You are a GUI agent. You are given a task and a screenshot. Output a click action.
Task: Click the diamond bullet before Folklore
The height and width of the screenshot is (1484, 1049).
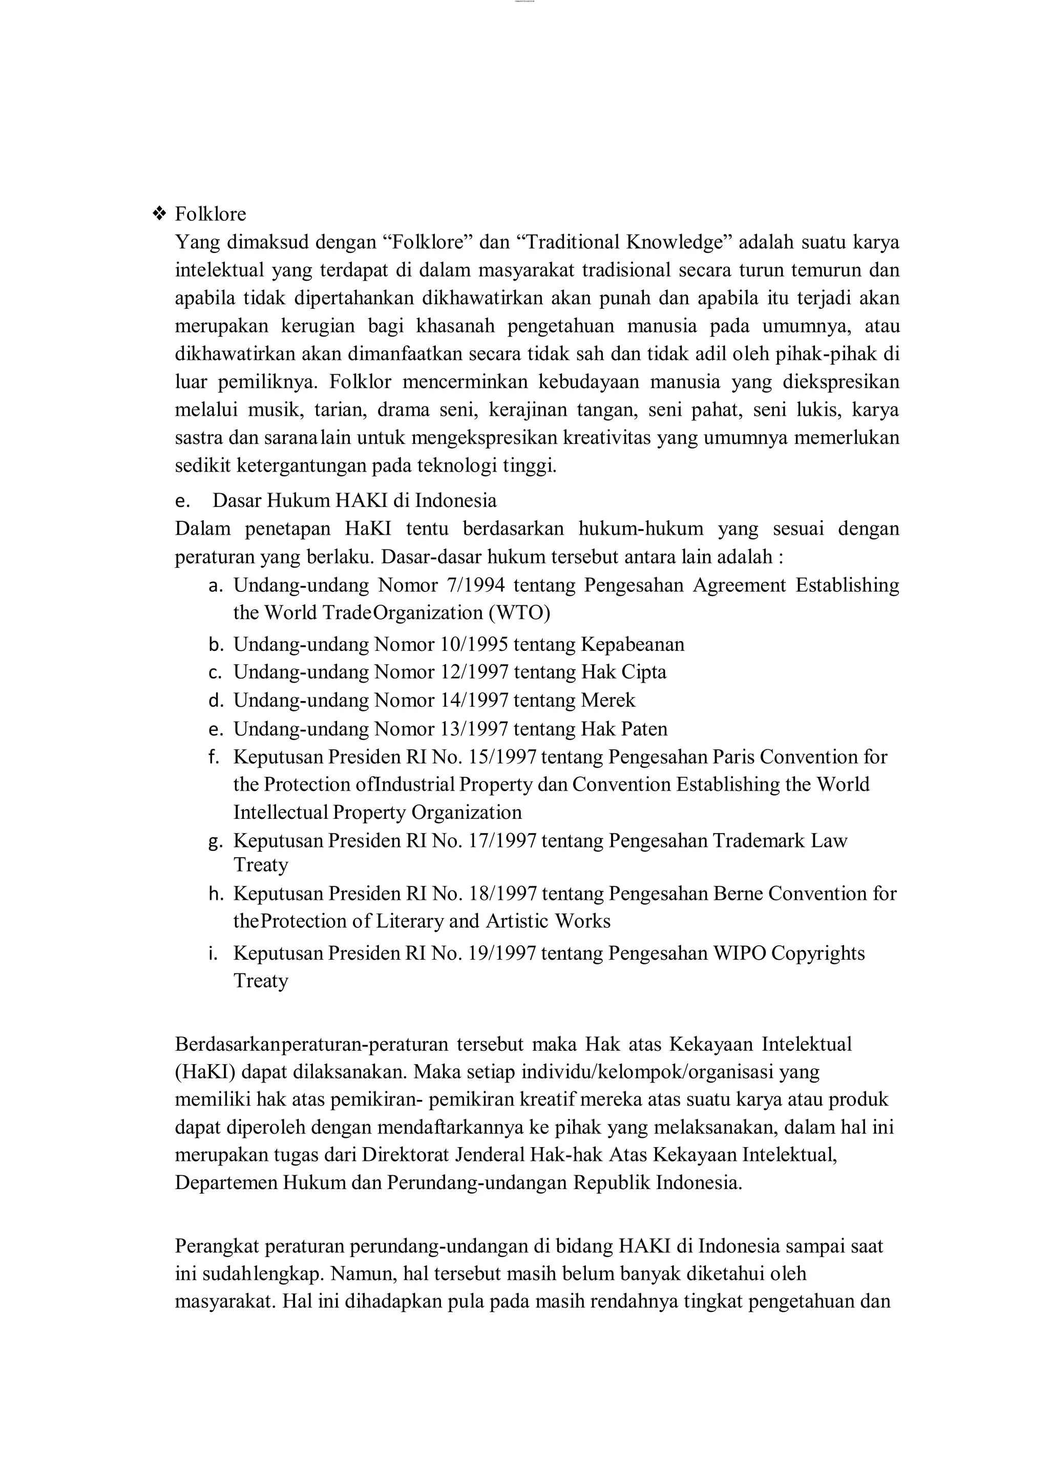click(x=159, y=214)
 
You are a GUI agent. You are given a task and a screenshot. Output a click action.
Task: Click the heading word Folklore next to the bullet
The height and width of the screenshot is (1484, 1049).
click(x=210, y=214)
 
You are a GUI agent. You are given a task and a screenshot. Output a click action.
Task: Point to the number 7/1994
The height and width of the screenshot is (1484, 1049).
click(x=476, y=585)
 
